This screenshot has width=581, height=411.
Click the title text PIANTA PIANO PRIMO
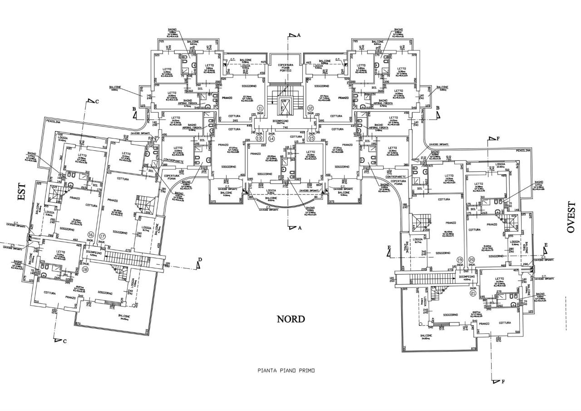click(286, 371)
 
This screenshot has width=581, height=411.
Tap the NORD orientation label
click(291, 319)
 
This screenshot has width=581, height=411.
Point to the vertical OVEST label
click(571, 218)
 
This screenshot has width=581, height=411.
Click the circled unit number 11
click(260, 108)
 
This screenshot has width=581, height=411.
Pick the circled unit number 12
click(310, 108)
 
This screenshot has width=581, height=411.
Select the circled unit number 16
click(91, 235)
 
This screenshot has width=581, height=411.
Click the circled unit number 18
click(85, 269)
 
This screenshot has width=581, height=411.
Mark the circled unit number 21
click(473, 293)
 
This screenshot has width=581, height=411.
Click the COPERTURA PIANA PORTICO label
click(286, 68)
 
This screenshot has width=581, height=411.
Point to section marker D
click(200, 260)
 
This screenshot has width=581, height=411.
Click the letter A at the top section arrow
click(299, 35)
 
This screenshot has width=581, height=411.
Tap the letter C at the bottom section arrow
click(65, 341)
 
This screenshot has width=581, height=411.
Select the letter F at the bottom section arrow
click(503, 382)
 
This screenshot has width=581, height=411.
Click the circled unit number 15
click(311, 138)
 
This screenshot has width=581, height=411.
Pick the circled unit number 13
click(259, 138)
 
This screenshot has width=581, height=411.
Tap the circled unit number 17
click(102, 236)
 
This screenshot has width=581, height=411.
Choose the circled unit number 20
click(472, 259)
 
